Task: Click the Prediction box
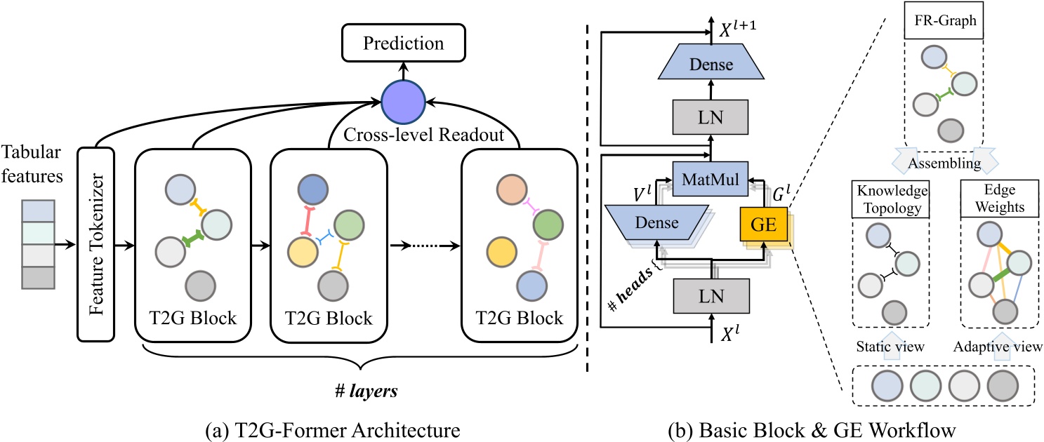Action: tap(403, 43)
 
